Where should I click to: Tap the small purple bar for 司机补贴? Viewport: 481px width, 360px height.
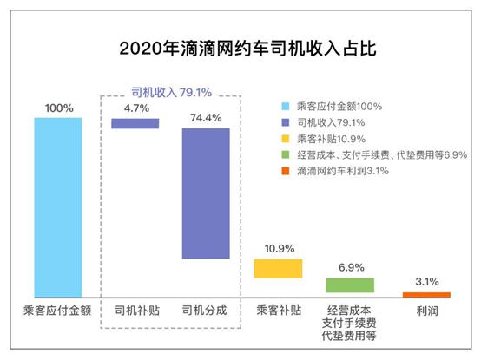point(135,123)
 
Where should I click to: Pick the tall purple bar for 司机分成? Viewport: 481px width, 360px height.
point(206,193)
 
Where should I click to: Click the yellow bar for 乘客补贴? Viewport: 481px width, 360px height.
point(277,268)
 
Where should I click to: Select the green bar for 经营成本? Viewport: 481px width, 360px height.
point(350,285)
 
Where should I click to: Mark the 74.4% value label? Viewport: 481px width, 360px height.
point(206,115)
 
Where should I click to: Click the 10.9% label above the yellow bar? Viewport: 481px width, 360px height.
point(277,246)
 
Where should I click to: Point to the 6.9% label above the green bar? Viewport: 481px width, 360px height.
point(350,266)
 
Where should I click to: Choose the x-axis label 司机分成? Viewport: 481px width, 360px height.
point(206,310)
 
